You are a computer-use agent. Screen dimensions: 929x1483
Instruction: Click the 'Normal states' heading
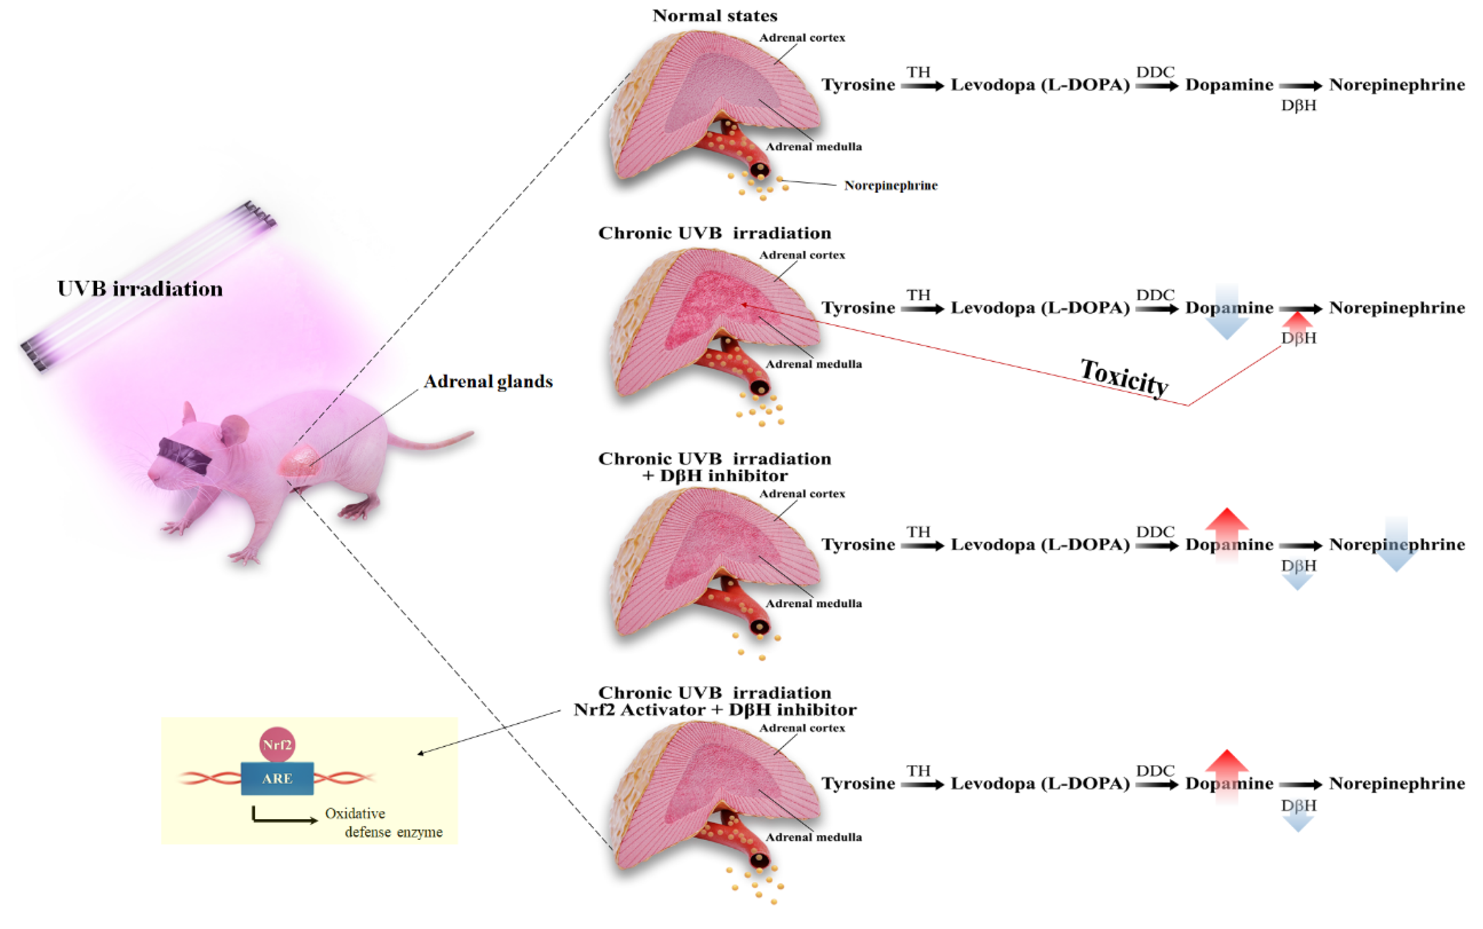[x=714, y=16]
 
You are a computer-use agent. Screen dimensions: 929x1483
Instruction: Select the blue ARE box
[x=277, y=778]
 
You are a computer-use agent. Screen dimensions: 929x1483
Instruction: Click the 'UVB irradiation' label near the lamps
[x=140, y=289]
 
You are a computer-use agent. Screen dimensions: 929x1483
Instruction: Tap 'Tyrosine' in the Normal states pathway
[x=858, y=85]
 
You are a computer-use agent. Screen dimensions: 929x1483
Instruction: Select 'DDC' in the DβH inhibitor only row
[x=1155, y=532]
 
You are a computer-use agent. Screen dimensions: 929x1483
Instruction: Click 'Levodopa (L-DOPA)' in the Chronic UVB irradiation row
[x=1040, y=308]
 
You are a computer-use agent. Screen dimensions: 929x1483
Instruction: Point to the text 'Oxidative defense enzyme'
[x=384, y=823]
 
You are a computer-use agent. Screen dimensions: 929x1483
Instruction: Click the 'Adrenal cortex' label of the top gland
[x=802, y=37]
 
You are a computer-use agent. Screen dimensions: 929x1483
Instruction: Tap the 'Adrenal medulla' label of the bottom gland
[x=813, y=837]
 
